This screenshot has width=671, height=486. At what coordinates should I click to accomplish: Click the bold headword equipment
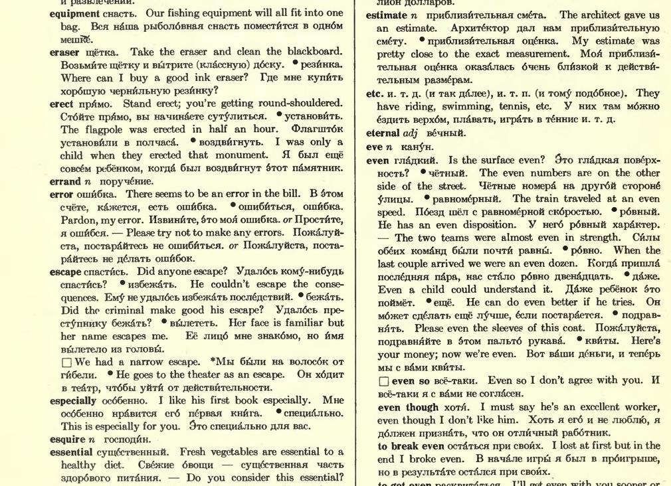coord(74,13)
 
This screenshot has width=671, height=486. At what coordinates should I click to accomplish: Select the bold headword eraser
coord(64,52)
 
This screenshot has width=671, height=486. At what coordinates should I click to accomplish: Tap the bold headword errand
coord(64,181)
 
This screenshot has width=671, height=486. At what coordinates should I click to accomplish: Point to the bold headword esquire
coord(67,440)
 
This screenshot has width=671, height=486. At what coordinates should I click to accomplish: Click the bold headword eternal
coord(383,133)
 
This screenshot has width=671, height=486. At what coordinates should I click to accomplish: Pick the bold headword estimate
coord(386,15)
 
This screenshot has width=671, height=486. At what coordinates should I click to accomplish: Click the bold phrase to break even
coord(414,446)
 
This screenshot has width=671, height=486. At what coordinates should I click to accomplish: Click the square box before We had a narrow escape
coord(66,363)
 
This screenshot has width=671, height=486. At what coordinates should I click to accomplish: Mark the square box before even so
coord(383,382)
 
